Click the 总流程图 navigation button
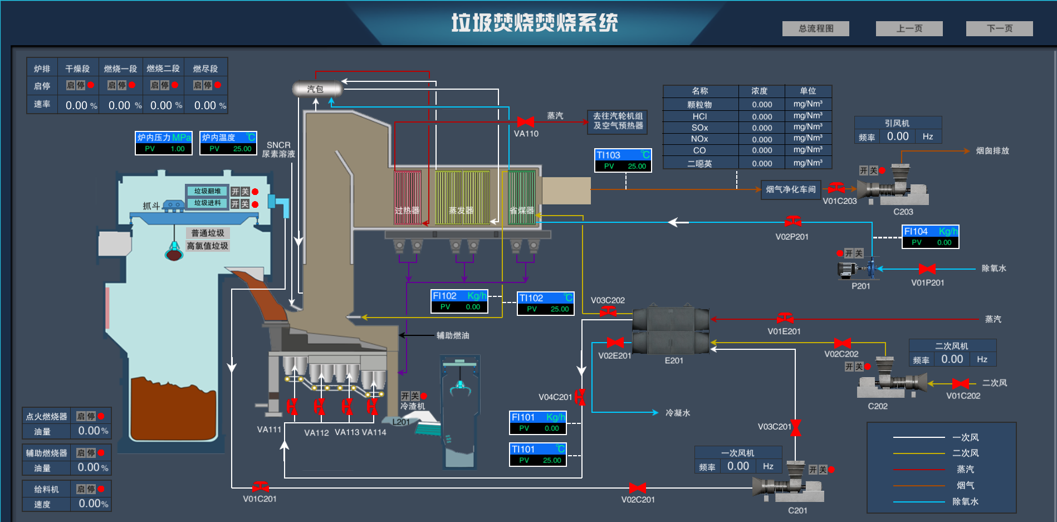[x=815, y=28]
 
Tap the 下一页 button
[x=999, y=28]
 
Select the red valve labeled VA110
[x=526, y=121]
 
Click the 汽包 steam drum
[x=316, y=89]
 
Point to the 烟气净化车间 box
[x=790, y=189]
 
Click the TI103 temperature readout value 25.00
[x=637, y=166]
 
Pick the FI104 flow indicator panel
[x=930, y=236]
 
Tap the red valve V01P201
[x=927, y=269]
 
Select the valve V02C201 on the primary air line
[x=637, y=488]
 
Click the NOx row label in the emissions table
[x=699, y=139]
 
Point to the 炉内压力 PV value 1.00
[x=178, y=149]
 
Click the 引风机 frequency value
[x=897, y=136]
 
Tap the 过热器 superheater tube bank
[x=408, y=197]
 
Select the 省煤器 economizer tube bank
[x=522, y=197]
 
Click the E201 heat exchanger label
[x=674, y=360]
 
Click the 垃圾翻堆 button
[x=207, y=191]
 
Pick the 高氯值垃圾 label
[x=207, y=246]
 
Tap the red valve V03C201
[x=796, y=427]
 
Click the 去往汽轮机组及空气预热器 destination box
[x=618, y=121]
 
